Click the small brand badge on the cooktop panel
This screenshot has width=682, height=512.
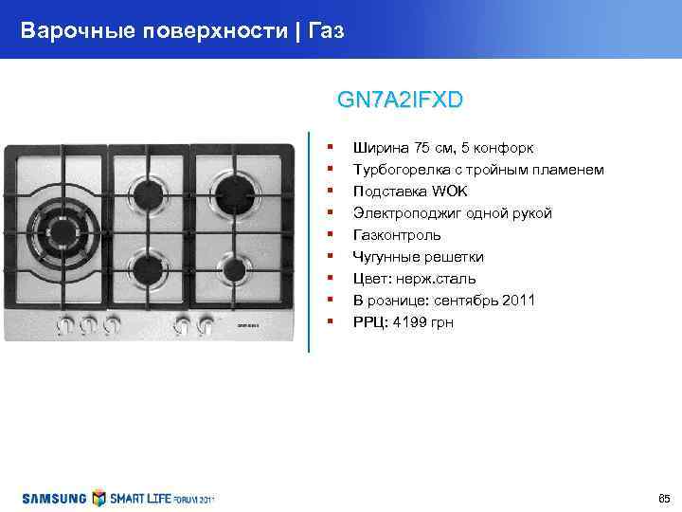coord(247,325)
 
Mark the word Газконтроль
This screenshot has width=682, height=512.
coord(397,235)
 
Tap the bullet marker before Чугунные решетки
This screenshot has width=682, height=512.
coord(329,255)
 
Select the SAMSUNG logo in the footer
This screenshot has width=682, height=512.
coord(55,498)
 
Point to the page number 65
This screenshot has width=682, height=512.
coord(663,498)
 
